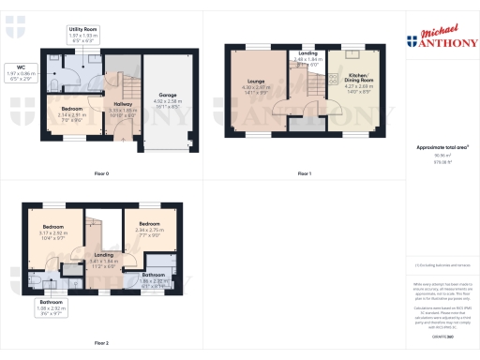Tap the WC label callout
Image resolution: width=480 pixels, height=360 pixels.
click(19, 74)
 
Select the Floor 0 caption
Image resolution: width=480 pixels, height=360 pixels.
click(102, 173)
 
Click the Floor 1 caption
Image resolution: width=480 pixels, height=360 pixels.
click(304, 173)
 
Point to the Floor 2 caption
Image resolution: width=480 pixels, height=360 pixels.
click(102, 343)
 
